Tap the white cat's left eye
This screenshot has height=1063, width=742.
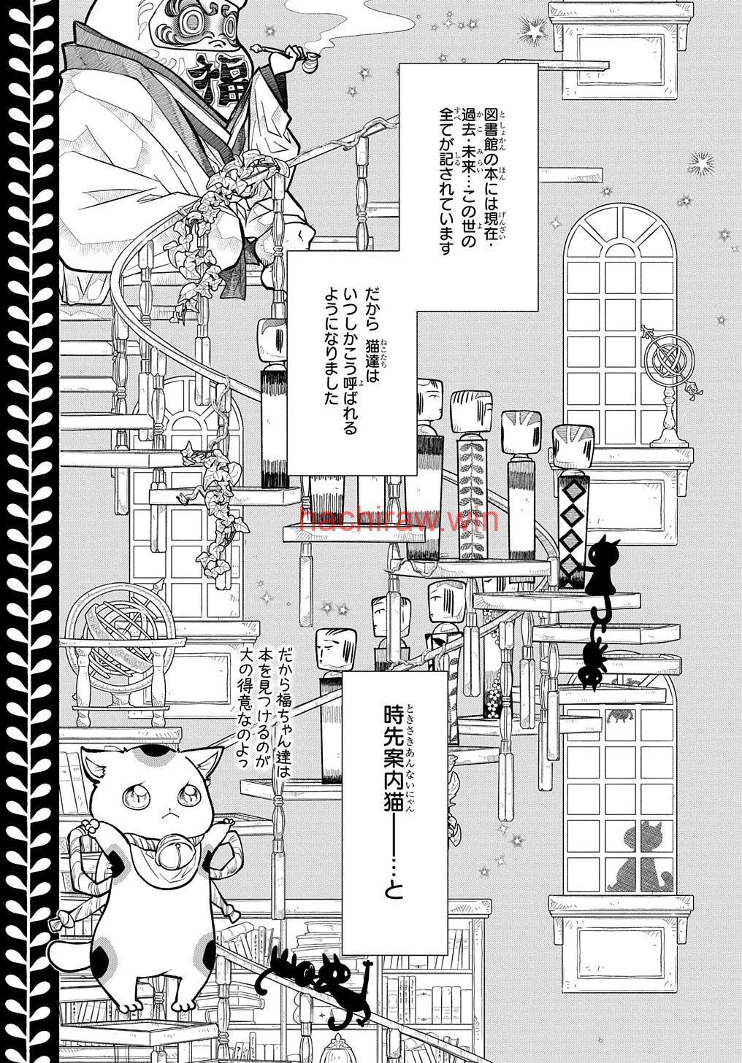point(188,795)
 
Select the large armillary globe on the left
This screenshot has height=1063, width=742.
point(119,636)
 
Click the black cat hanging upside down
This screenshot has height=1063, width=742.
point(592,655)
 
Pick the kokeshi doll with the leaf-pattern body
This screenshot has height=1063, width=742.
point(472,474)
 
